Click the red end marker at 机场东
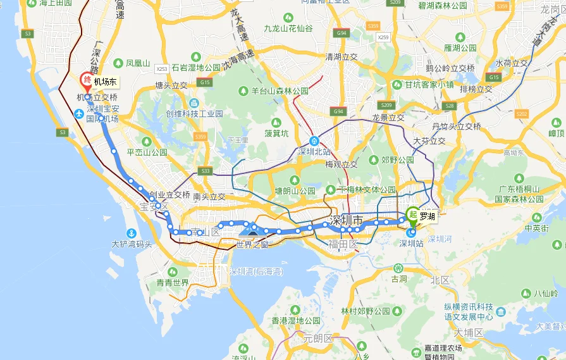pyautogui.click(x=87, y=80)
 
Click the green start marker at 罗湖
pyautogui.click(x=412, y=214)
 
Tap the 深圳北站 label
pyautogui.click(x=314, y=152)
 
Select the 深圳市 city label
pyautogui.click(x=348, y=221)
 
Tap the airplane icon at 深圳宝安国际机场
pyautogui.click(x=78, y=114)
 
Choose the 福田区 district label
pyautogui.click(x=344, y=244)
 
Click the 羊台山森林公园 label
pyautogui.click(x=280, y=90)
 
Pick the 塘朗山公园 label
pyautogui.click(x=295, y=190)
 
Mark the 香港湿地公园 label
pyautogui.click(x=296, y=320)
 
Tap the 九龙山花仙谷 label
pyautogui.click(x=288, y=28)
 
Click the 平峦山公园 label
pyautogui.click(x=147, y=152)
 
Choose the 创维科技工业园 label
pyautogui.click(x=194, y=114)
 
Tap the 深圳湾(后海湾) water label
pyautogui.click(x=256, y=271)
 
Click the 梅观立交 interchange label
pyautogui.click(x=341, y=164)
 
